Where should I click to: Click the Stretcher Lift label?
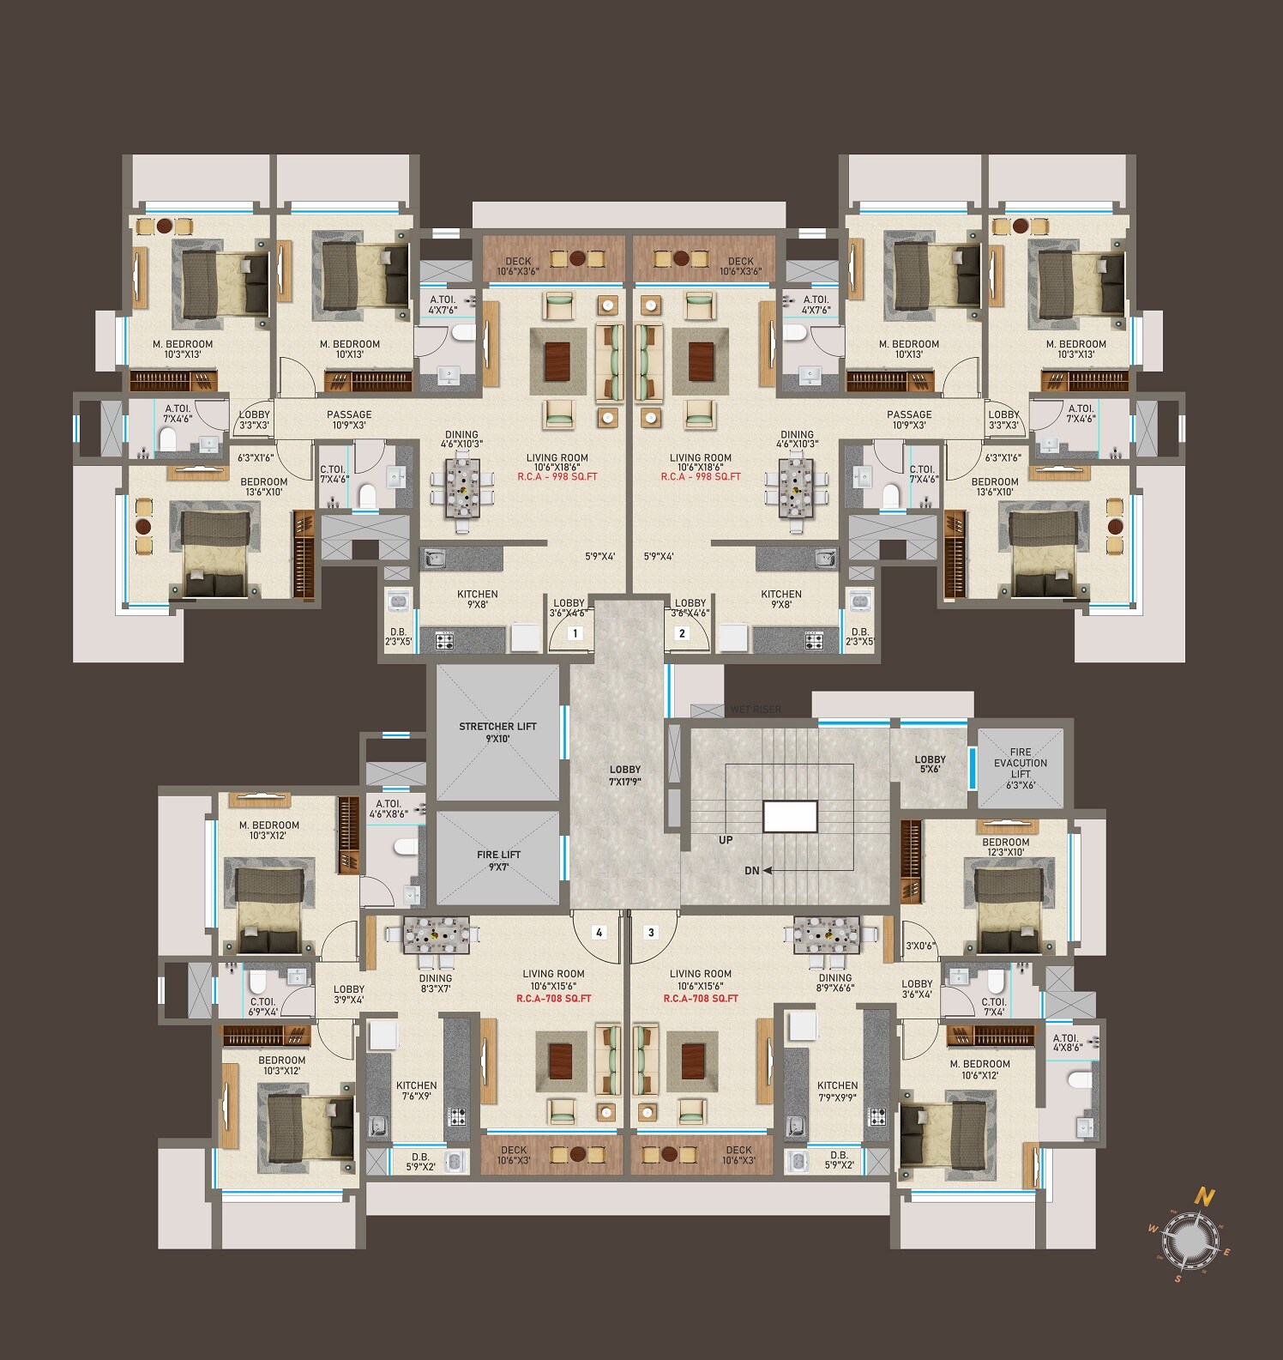497,732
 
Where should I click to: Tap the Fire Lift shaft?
498,859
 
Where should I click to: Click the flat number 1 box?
575,634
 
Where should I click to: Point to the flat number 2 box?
683,634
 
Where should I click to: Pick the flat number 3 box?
652,932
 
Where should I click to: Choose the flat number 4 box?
599,932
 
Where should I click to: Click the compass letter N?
1206,1195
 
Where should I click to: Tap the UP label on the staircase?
726,840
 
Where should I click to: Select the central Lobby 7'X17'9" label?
625,776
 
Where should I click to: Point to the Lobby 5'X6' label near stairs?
931,765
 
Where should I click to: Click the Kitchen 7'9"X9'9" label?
837,1091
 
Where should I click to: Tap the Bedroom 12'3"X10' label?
1006,848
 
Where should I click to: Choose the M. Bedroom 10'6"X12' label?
980,1069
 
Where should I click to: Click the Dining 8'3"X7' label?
436,983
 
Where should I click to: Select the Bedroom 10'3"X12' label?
282,1066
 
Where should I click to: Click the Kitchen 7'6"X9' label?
417,1091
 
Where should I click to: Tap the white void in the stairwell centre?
790,816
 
